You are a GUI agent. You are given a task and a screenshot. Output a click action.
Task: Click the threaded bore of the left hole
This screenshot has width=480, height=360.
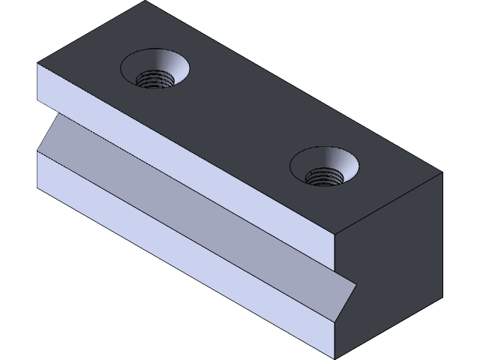coord(157,78)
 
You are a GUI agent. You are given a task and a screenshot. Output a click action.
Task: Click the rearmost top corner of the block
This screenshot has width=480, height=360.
coord(145,1)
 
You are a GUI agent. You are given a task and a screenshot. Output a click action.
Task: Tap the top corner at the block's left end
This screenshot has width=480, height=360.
coord(37,64)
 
